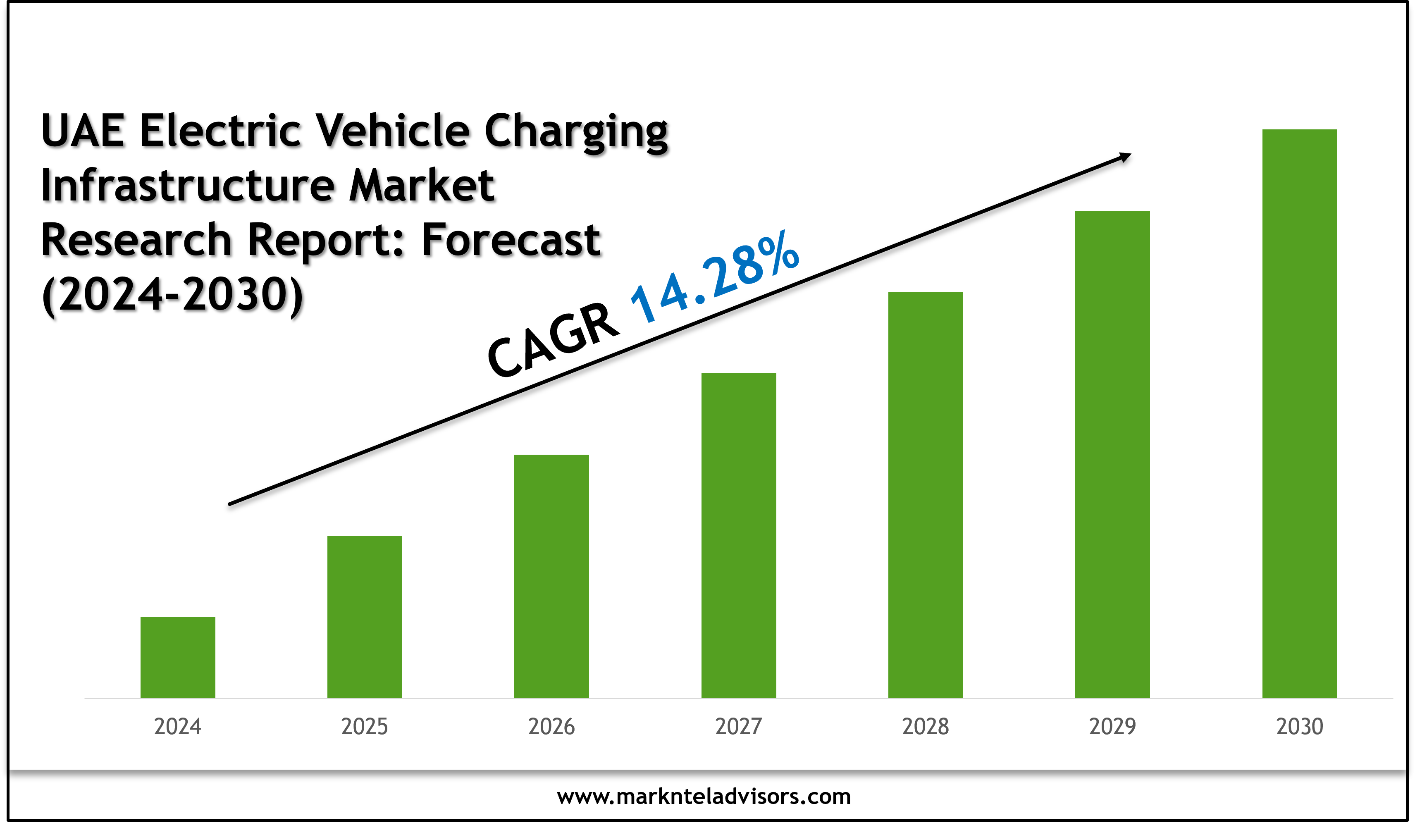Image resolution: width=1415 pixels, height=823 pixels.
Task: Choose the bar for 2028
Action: (x=926, y=495)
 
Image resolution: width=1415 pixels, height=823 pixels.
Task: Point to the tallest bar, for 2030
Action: (x=1299, y=413)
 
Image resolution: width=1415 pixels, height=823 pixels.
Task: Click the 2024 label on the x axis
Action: (x=177, y=726)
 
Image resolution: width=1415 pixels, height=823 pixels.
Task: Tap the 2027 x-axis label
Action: (x=738, y=726)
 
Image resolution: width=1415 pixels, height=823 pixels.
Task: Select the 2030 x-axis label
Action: (x=1299, y=726)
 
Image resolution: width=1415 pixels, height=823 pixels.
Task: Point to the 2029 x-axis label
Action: (x=1112, y=726)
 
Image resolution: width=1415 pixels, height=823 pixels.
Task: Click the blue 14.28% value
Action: (x=714, y=277)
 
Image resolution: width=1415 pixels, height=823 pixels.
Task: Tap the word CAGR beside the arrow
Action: (x=553, y=340)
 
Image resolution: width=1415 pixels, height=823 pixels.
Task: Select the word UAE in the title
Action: (x=83, y=131)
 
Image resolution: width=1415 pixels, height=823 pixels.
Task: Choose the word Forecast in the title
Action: (x=511, y=240)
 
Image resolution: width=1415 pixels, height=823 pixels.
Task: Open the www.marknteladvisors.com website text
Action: (x=704, y=796)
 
